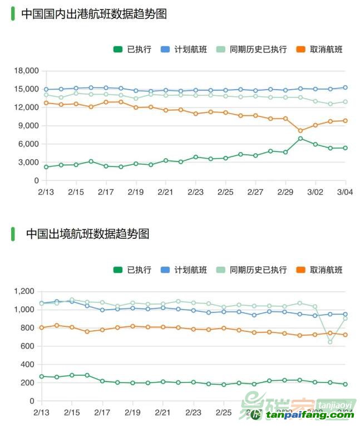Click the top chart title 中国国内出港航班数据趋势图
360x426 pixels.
coord(94,14)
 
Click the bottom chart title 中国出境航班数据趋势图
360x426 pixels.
coord(87,234)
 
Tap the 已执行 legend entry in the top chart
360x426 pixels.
coord(132,49)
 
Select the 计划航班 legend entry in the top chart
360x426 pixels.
coord(183,49)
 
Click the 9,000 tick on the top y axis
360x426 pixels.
coord(28,126)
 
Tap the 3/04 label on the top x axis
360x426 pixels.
coord(345,192)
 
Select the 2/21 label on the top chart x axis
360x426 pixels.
coord(165,192)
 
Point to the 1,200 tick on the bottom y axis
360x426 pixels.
coord(24,291)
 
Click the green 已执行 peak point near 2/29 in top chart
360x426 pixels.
coord(300,139)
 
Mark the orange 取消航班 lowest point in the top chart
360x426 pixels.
coord(300,131)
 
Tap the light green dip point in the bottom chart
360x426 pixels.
coord(330,342)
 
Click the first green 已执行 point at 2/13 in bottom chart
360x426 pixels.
coord(42,376)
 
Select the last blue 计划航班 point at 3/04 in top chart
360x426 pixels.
coord(346,87)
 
